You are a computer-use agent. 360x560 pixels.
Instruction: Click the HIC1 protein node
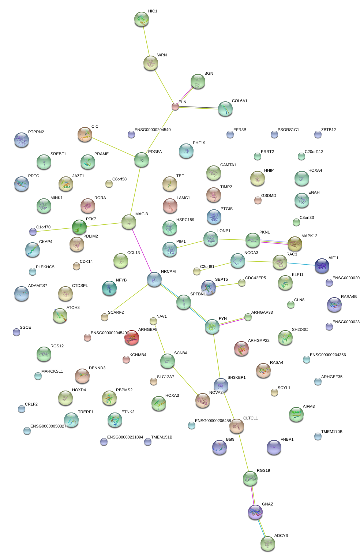click(141, 19)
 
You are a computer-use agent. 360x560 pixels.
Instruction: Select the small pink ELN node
click(175, 107)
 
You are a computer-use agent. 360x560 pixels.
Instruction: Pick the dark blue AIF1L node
click(322, 265)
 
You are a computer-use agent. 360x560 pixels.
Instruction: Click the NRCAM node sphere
click(154, 279)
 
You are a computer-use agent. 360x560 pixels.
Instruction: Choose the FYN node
click(212, 326)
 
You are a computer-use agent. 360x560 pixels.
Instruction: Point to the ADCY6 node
click(268, 544)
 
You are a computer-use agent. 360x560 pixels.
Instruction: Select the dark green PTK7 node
click(79, 227)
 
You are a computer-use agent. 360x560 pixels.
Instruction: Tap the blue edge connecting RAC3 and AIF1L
click(301, 264)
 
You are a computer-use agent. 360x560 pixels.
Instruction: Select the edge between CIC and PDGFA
click(113, 147)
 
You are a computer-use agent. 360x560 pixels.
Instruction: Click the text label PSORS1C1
click(288, 130)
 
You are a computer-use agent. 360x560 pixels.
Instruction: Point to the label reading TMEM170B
click(331, 432)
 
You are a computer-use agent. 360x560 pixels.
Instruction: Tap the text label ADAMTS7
click(38, 285)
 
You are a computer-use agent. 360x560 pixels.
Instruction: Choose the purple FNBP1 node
click(274, 447)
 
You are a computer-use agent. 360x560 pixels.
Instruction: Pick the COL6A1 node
click(225, 109)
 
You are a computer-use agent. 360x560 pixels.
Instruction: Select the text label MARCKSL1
click(52, 371)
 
